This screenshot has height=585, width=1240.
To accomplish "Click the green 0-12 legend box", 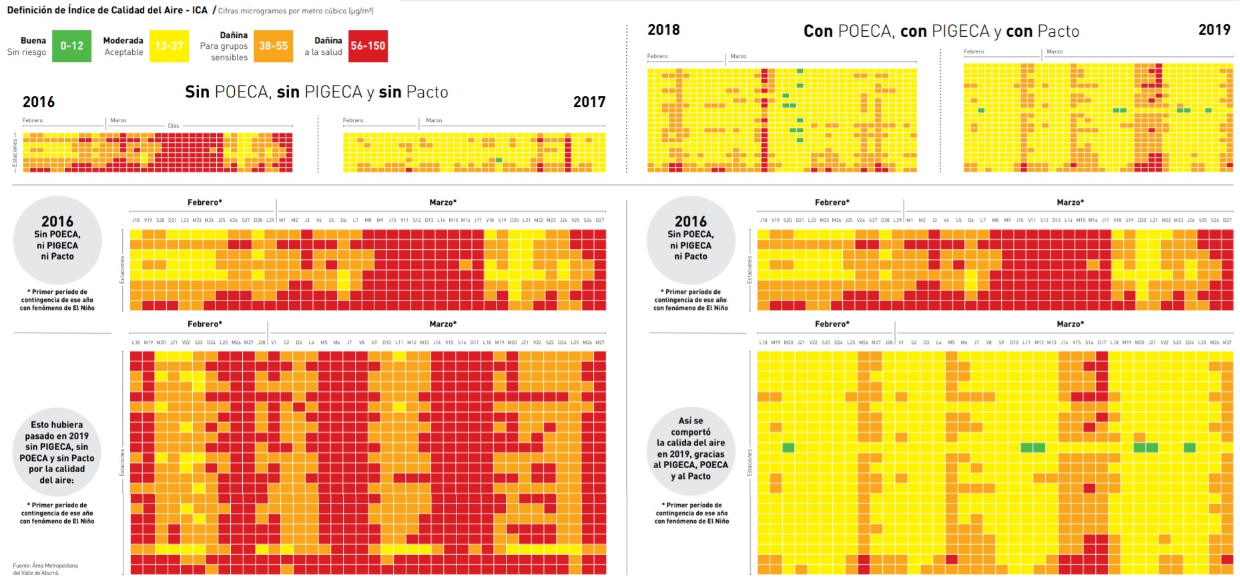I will [71, 46].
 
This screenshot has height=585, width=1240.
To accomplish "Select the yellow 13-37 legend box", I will [169, 46].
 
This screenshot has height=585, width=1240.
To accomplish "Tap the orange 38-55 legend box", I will [273, 46].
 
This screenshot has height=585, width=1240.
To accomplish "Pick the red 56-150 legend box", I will [368, 46].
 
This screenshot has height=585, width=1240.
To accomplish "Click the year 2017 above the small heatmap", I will [589, 102].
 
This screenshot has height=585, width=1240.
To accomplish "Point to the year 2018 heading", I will [663, 30].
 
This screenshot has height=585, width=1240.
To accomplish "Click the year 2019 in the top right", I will [1214, 30].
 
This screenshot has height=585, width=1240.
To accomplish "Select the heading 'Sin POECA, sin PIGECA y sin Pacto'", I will [316, 92].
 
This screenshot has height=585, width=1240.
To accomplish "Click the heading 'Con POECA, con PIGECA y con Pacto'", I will [941, 31].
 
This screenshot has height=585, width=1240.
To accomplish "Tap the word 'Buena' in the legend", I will [33, 41].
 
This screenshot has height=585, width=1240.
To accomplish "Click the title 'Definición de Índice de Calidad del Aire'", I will [107, 10].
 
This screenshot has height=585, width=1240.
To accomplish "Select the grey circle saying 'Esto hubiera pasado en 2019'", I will [57, 452].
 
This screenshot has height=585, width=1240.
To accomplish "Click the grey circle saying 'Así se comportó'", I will [691, 449].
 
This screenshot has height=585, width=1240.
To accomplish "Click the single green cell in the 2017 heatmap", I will [499, 160].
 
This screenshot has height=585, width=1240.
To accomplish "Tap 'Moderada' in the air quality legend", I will [123, 41].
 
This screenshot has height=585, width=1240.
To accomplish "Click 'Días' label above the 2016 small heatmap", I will [174, 126].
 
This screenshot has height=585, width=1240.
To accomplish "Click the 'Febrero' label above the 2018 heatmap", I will [657, 56].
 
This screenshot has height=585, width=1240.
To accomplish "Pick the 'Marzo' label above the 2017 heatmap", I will [434, 121].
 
